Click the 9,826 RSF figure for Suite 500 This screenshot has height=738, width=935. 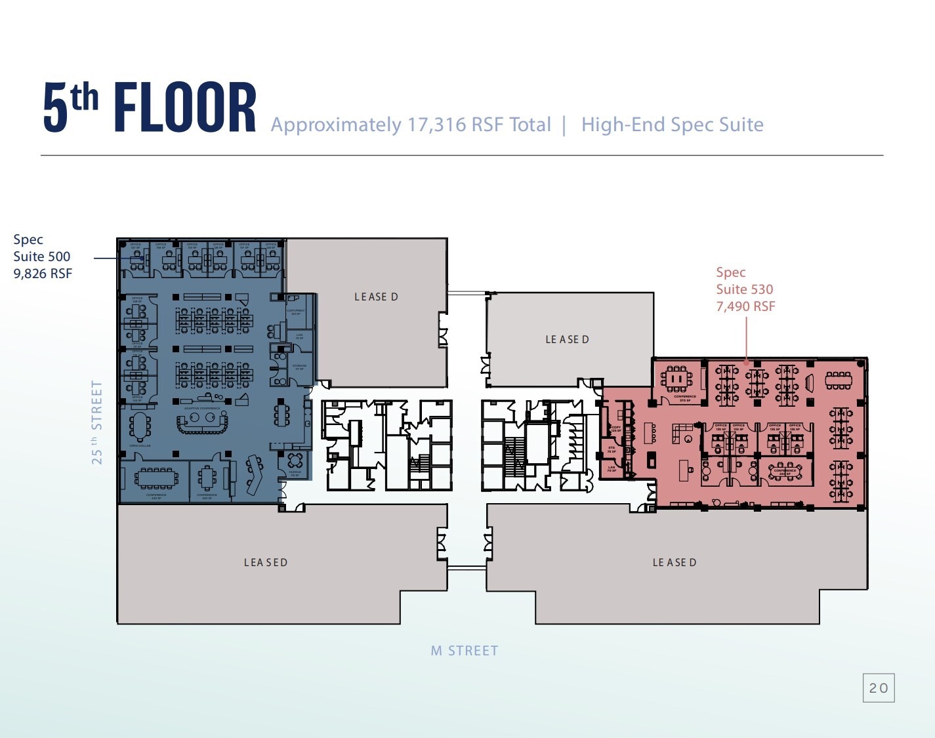click(43, 274)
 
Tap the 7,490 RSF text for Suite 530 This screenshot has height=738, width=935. click(745, 306)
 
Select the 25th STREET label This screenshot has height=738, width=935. click(97, 422)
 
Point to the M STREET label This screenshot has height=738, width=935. click(465, 651)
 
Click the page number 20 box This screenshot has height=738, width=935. click(879, 687)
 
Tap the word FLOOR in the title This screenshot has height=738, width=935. click(185, 108)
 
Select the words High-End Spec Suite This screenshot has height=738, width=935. click(672, 125)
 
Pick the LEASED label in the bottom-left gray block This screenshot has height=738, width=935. click(266, 562)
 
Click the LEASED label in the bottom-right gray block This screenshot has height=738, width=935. click(675, 562)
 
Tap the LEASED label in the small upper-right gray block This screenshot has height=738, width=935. click(568, 339)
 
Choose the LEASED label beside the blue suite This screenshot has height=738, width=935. click(376, 297)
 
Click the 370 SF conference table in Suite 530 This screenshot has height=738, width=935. click(676, 380)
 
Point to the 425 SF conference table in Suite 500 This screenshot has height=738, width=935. click(156, 478)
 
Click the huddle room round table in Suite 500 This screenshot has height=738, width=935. click(295, 460)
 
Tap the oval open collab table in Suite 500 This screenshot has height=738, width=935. click(140, 426)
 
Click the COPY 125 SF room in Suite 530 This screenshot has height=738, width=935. click(616, 428)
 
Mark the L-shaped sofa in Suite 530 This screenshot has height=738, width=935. click(682, 433)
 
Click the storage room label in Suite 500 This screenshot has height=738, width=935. click(299, 367)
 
